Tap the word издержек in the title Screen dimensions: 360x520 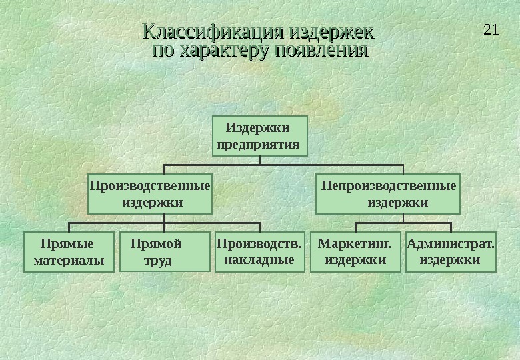pyautogui.click(x=329, y=32)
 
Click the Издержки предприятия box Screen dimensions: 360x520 pyautogui.click(x=260, y=136)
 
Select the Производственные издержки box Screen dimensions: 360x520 pyautogui.click(x=149, y=193)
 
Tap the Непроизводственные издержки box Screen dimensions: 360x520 pyautogui.click(x=388, y=193)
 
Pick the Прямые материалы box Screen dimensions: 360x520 pyautogui.click(x=69, y=252)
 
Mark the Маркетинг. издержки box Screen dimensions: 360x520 pyautogui.click(x=355, y=252)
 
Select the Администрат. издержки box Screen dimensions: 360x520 pyautogui.click(x=451, y=252)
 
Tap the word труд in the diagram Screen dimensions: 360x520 pyautogui.click(x=158, y=260)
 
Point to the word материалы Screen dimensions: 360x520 pyautogui.click(x=69, y=260)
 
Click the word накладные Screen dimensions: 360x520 pyautogui.click(x=259, y=260)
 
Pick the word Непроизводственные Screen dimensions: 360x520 pyautogui.click(x=389, y=185)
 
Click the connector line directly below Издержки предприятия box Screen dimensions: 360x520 pyautogui.click(x=260, y=160)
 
